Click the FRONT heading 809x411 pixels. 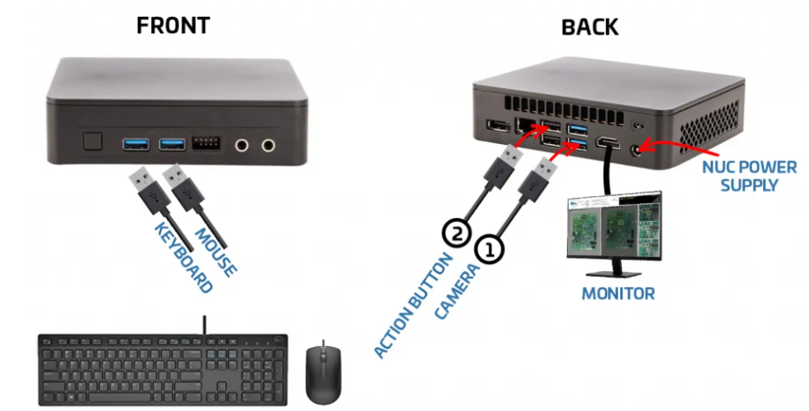[173, 25]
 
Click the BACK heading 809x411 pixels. [590, 27]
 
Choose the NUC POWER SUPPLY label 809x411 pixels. [749, 176]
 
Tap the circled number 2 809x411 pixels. [455, 234]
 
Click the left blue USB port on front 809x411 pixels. [136, 145]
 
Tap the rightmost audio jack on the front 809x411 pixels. [268, 146]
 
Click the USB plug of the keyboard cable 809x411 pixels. [145, 186]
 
